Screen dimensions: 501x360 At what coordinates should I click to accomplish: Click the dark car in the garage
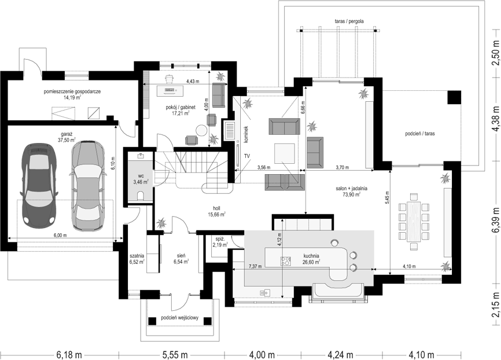click(x=39, y=185)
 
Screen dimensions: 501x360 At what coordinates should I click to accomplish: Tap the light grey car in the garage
click(x=87, y=183)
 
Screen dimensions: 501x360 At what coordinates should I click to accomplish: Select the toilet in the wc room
click(x=140, y=196)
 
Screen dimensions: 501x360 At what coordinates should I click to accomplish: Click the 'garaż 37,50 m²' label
click(x=67, y=137)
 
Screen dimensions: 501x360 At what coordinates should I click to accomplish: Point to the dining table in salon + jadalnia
click(x=414, y=221)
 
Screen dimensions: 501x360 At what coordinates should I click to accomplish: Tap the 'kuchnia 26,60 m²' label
click(x=311, y=259)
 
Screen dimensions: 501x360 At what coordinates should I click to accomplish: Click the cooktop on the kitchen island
click(x=286, y=261)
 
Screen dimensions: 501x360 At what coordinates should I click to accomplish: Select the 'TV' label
click(x=247, y=156)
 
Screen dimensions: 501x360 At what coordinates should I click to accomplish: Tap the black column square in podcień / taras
click(x=454, y=97)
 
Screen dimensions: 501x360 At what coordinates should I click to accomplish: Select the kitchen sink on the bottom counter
click(x=265, y=292)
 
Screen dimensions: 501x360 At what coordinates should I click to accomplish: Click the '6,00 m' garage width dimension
click(x=60, y=235)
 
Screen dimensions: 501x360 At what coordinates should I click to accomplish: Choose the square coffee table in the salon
click(x=285, y=153)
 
